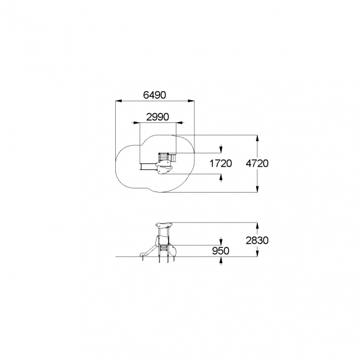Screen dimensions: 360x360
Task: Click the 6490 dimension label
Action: coord(154,95)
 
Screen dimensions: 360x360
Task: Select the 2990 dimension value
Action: coord(157,117)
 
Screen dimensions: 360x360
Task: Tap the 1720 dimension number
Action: coord(221,163)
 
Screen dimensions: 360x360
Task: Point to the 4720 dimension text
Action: coord(257,163)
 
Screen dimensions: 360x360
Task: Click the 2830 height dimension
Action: coord(257,241)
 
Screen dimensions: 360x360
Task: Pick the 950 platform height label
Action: coord(221,251)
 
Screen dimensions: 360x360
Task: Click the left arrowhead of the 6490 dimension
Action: coord(119,101)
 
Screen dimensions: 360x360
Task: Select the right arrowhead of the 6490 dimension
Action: coord(191,101)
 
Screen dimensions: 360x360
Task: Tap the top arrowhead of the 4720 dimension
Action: coord(257,139)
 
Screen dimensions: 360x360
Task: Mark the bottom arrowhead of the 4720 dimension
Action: coord(257,189)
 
